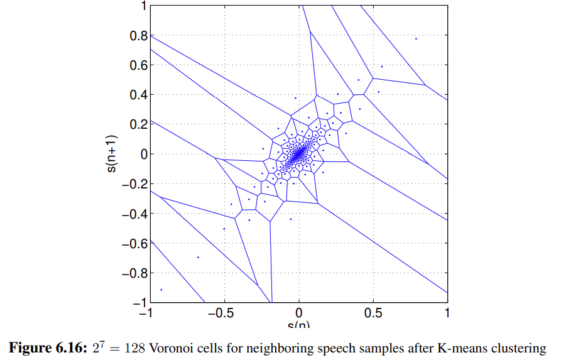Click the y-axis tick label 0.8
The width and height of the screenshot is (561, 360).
(138, 36)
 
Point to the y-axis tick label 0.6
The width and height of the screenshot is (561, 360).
(138, 65)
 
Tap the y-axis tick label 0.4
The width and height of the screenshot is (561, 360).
(138, 95)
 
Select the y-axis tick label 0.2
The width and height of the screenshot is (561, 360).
(138, 124)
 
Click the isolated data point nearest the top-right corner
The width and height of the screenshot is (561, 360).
(416, 39)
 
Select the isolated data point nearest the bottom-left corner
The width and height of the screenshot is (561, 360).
(161, 289)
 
